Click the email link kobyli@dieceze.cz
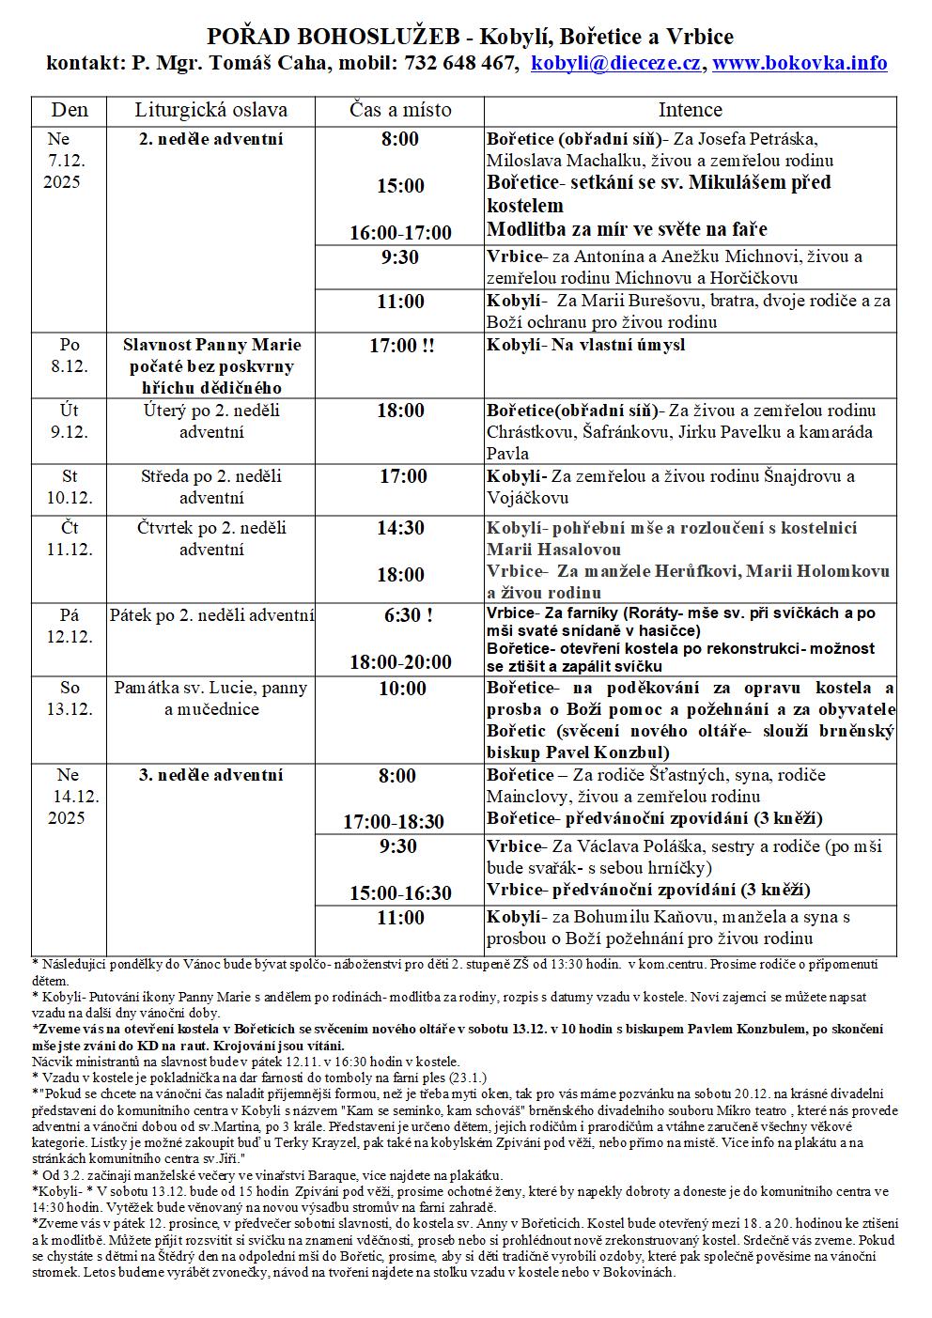(x=616, y=63)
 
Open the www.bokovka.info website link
(x=800, y=63)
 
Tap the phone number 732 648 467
(x=460, y=63)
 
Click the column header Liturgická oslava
(x=210, y=110)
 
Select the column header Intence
(x=690, y=110)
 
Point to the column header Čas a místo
(x=400, y=110)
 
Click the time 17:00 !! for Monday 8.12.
(x=401, y=346)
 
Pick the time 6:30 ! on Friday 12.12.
(x=408, y=615)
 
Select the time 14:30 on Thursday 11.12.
(x=400, y=528)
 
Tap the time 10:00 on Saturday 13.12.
(x=402, y=689)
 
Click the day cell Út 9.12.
(x=70, y=421)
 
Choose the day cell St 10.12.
(x=70, y=487)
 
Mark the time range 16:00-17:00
(x=400, y=232)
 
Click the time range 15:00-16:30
(x=400, y=892)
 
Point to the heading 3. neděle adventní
(x=210, y=775)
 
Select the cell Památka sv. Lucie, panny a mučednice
(x=210, y=699)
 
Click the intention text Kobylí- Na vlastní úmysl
(x=585, y=345)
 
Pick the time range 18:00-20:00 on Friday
(x=400, y=662)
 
